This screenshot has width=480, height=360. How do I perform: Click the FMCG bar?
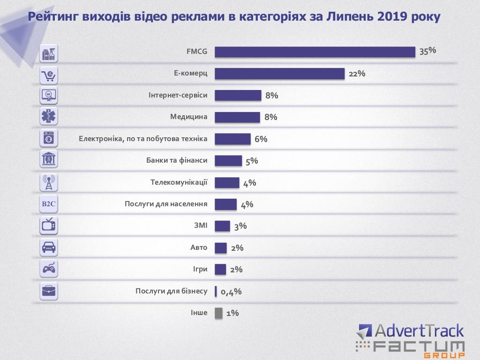315,52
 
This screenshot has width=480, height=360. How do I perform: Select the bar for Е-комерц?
280,74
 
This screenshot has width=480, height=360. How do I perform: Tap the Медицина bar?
237,117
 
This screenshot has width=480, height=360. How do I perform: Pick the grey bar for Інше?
218,313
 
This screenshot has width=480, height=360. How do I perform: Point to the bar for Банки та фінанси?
228,161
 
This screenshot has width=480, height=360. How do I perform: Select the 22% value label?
357,74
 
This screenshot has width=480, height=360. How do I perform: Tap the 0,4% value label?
231,292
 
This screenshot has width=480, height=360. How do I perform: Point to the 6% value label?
261,139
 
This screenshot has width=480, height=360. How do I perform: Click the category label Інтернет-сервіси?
178,95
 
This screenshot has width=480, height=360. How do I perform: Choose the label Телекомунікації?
179,182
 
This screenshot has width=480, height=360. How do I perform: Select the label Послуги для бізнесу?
171,291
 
